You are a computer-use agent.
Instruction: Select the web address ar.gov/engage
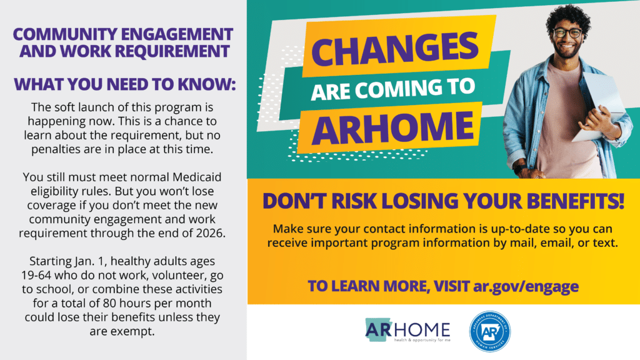click(x=526, y=286)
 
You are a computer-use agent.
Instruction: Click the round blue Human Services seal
click(x=490, y=331)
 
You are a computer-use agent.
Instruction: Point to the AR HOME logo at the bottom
click(x=407, y=330)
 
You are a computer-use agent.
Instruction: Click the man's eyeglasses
click(x=567, y=33)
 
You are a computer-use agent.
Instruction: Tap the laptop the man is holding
click(x=600, y=106)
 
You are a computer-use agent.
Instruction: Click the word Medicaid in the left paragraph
click(x=197, y=177)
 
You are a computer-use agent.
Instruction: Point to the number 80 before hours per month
click(x=109, y=303)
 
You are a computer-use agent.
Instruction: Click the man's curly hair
click(x=569, y=16)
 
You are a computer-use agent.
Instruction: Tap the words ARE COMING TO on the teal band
click(x=392, y=89)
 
